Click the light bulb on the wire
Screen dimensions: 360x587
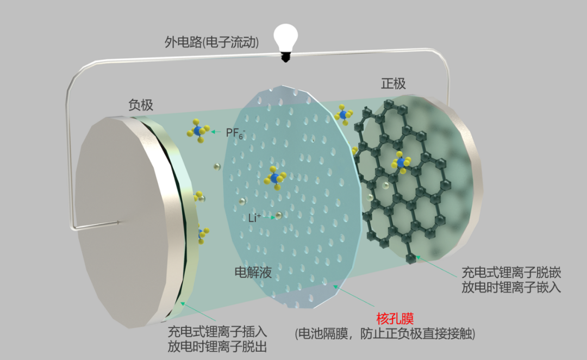[x=287, y=38]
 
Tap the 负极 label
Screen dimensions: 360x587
[x=141, y=105]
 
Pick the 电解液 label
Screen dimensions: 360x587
[x=253, y=272]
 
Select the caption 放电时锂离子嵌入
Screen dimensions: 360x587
[x=511, y=287]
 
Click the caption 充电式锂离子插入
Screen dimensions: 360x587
[x=217, y=332]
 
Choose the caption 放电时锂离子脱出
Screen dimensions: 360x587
[x=217, y=346]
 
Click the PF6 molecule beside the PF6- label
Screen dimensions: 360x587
[x=198, y=131]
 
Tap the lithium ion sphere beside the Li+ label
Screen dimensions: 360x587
[x=278, y=216]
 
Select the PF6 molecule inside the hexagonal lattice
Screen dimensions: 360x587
[x=401, y=162]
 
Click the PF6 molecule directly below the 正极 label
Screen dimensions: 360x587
[x=343, y=115]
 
